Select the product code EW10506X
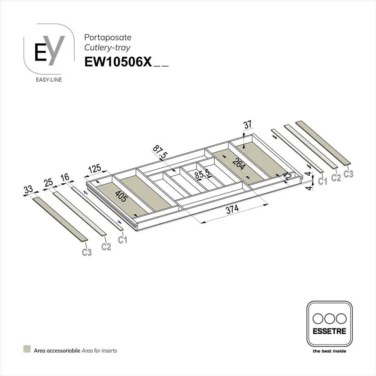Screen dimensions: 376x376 pyautogui.click(x=117, y=63)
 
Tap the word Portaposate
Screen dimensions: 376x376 pyautogui.click(x=101, y=37)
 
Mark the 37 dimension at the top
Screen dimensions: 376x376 pyautogui.click(x=248, y=125)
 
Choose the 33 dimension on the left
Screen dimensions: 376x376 pyautogui.click(x=29, y=190)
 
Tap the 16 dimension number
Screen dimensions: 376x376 pyautogui.click(x=65, y=177)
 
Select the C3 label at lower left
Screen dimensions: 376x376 pyautogui.click(x=86, y=253)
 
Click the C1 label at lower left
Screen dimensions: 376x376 pyautogui.click(x=123, y=240)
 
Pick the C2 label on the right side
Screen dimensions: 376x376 pyautogui.click(x=336, y=178)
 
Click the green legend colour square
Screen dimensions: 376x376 pyautogui.click(x=27, y=350)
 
